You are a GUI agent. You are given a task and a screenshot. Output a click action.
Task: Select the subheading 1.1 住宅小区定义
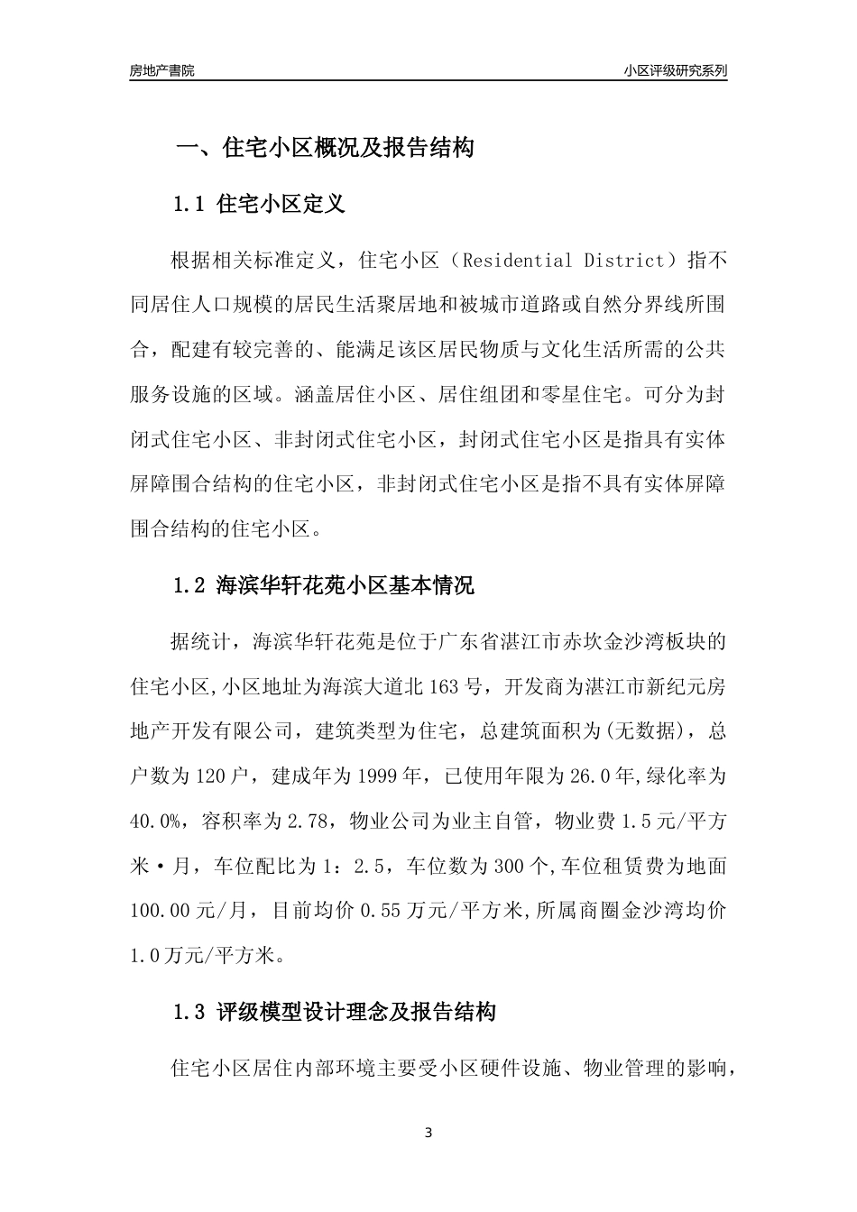coord(259,205)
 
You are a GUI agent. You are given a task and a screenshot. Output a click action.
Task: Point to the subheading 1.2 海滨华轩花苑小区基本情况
coord(322,586)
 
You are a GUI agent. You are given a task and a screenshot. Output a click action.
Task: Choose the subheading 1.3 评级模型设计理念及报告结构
coord(334,1013)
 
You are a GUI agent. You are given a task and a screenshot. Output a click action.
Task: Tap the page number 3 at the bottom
coord(428,1133)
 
